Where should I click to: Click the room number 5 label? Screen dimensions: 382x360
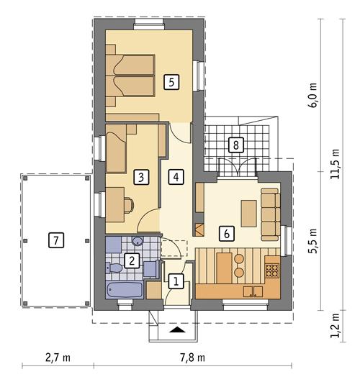171,81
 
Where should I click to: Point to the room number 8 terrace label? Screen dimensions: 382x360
234,144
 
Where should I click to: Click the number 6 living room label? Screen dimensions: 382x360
227,233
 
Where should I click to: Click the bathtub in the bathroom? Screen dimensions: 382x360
123,291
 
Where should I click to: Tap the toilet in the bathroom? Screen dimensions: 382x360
116,269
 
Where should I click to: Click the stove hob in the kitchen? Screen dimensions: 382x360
273,270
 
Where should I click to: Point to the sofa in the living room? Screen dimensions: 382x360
270,214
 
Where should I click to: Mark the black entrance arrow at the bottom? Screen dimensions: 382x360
176,330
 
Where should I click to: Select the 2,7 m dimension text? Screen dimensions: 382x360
57,357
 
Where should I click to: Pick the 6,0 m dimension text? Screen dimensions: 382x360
312,94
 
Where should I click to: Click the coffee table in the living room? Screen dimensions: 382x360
248,214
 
